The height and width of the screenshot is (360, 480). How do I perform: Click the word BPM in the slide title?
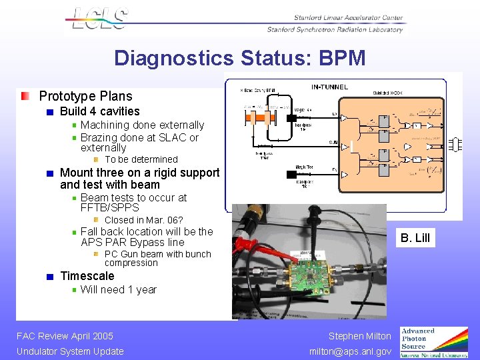point(341,58)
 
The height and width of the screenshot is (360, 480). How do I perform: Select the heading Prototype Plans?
point(85,97)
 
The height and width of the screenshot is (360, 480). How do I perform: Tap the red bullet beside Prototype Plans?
point(25,97)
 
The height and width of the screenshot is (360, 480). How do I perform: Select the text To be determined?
point(141,159)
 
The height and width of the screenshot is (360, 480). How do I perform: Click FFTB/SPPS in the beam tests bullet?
point(109,207)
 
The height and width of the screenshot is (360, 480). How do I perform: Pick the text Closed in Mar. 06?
point(143,220)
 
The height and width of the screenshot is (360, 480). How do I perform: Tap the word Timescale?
point(87,276)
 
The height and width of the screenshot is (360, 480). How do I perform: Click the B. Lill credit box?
point(414,237)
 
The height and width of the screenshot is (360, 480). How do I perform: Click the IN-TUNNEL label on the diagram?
point(329,87)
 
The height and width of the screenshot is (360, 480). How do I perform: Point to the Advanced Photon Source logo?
point(433,342)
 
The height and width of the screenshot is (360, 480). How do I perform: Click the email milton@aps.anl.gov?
point(351,351)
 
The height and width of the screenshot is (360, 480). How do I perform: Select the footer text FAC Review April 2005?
point(65,336)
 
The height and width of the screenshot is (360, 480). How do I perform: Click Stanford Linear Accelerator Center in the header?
point(348,18)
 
